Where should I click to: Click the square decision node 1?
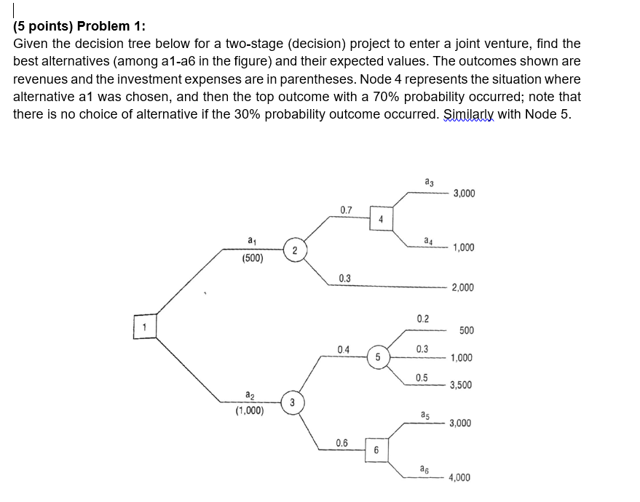click(x=145, y=326)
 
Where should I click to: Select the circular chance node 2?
click(x=293, y=250)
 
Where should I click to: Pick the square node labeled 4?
click(x=382, y=218)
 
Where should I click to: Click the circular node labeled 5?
click(x=378, y=357)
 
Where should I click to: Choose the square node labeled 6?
click(x=376, y=450)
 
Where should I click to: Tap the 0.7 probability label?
click(x=346, y=210)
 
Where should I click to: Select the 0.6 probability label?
click(x=342, y=442)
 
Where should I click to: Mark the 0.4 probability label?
click(x=344, y=349)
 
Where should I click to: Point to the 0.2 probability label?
click(x=423, y=319)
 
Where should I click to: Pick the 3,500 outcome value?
click(x=461, y=385)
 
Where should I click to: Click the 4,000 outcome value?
click(x=459, y=477)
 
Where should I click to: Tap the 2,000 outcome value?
click(x=462, y=287)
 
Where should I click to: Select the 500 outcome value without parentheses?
click(x=467, y=330)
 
